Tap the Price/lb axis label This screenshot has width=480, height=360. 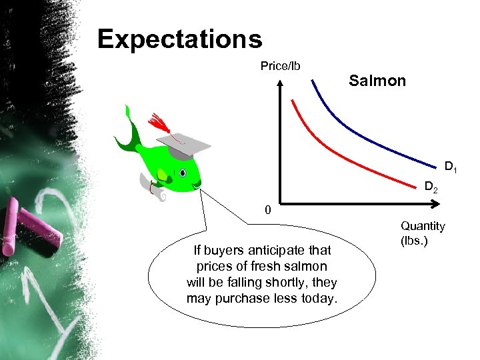(280, 65)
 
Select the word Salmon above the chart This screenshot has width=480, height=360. (377, 81)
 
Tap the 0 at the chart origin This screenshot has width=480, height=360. (267, 211)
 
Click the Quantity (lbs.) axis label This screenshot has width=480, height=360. (423, 233)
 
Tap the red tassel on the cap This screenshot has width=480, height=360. (159, 123)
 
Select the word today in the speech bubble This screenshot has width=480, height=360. (319, 297)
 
